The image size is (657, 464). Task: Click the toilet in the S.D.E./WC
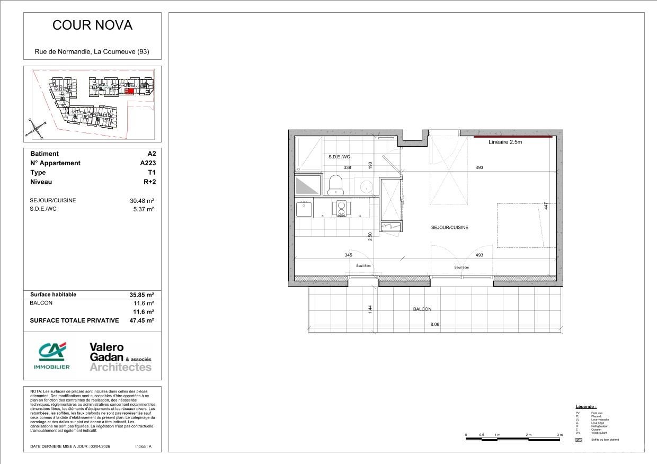(335, 185)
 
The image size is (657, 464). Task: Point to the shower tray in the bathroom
(308, 154)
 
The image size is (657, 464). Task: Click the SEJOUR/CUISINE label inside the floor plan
(449, 227)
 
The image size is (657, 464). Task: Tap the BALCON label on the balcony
(423, 309)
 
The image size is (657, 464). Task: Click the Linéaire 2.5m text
(505, 142)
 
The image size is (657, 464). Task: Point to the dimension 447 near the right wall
(546, 206)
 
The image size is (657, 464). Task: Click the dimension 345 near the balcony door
(348, 255)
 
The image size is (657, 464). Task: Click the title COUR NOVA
(92, 25)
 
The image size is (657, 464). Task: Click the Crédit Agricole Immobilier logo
(51, 355)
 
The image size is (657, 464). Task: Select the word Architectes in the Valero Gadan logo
(120, 367)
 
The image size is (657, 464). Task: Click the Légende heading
(586, 406)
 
